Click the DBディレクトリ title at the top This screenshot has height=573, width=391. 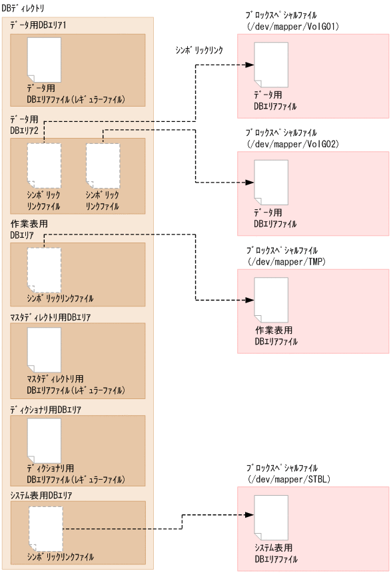coord(23,8)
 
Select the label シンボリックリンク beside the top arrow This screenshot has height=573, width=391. coord(198,50)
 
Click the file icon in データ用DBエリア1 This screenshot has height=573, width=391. coord(44,59)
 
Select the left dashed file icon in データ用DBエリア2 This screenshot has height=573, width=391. coord(44,165)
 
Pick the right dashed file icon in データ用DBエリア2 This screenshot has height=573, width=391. coord(103,165)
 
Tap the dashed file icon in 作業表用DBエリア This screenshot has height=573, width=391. coord(44,270)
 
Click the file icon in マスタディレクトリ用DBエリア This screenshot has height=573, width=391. coord(44,350)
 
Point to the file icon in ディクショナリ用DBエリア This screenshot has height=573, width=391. coord(44,440)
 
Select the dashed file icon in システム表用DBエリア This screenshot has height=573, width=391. coord(46,528)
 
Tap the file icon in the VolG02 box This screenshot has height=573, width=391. coord(272,183)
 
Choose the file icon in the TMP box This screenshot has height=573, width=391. coord(272,300)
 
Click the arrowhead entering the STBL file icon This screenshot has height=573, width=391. coord(250,515)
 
